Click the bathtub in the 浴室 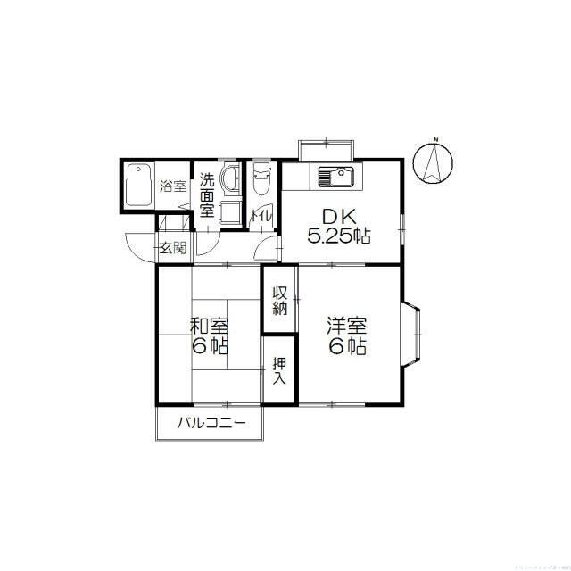(x=138, y=186)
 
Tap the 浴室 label (x=173, y=186)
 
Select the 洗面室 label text (x=206, y=194)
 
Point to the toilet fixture (x=261, y=181)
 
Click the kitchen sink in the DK (x=333, y=177)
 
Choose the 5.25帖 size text (x=339, y=236)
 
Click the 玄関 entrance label (x=173, y=248)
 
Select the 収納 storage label (x=279, y=301)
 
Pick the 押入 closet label (x=279, y=370)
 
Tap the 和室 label (x=210, y=326)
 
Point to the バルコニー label (x=211, y=423)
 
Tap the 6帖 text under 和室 (x=210, y=347)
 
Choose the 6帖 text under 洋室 (x=347, y=347)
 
